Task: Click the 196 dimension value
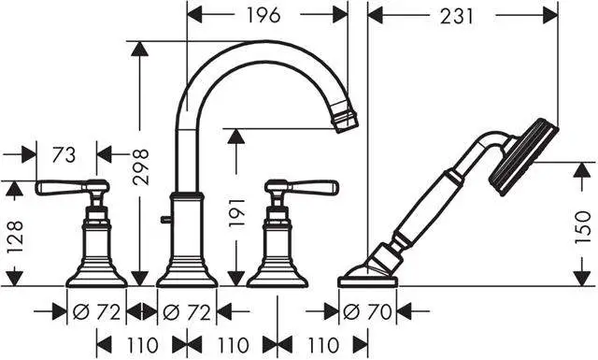(x=266, y=16)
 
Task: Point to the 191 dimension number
(x=236, y=214)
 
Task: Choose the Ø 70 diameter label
(x=367, y=310)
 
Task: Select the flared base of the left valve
(x=96, y=274)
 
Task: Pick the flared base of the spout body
(x=187, y=274)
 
